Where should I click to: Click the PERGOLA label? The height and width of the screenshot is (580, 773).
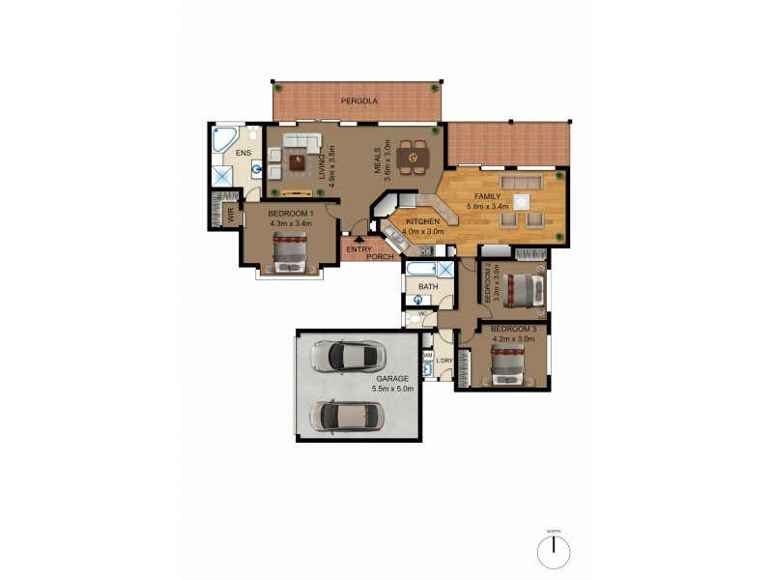point(358,101)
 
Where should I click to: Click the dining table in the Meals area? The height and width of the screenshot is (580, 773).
point(413,155)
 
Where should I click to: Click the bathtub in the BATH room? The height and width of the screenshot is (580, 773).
point(421,268)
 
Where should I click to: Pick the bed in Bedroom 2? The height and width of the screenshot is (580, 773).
point(527,288)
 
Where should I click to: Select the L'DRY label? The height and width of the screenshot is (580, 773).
point(444,361)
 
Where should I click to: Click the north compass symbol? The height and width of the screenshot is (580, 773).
point(554,551)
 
